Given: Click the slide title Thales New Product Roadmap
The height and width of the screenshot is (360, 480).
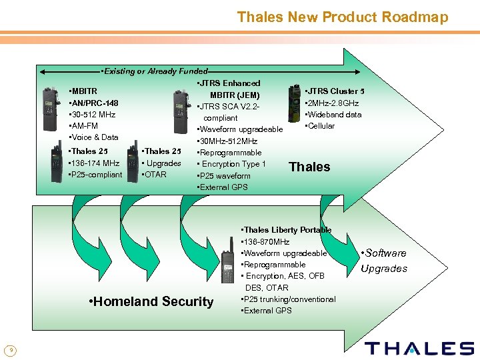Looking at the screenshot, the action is click(x=342, y=17).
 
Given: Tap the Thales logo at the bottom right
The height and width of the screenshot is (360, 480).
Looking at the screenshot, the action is click(x=419, y=348).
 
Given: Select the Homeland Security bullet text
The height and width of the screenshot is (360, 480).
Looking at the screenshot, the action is click(x=151, y=301).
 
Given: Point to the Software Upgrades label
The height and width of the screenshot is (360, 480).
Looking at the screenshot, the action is click(x=383, y=261).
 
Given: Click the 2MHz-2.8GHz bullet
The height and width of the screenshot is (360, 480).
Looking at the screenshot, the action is click(x=331, y=103).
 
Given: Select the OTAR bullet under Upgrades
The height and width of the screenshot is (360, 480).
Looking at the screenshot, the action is click(x=154, y=175).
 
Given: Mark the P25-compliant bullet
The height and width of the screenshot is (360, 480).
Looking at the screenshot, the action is click(x=95, y=175).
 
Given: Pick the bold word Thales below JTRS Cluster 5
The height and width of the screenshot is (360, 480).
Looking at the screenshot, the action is click(x=309, y=167).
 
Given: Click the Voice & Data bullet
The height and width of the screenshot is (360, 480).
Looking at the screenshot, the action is click(x=93, y=137).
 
